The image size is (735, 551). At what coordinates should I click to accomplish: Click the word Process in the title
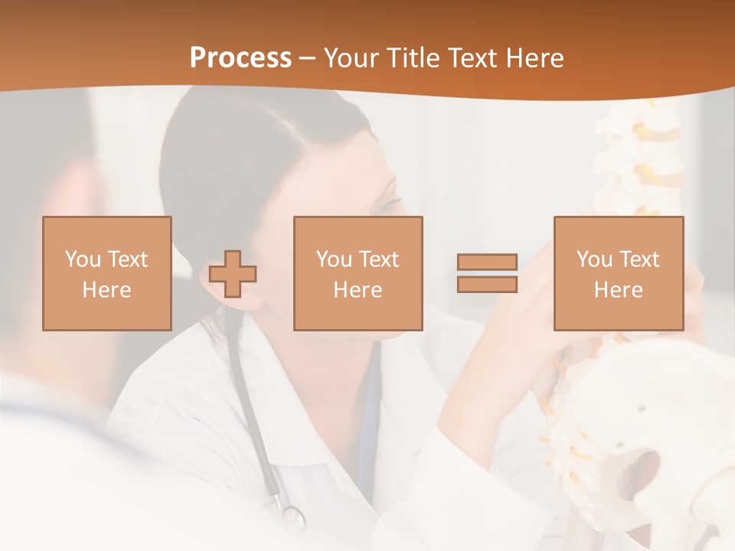coord(240,58)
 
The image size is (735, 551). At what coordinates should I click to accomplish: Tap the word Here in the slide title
coord(534,58)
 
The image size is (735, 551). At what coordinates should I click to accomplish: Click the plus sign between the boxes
coord(233,274)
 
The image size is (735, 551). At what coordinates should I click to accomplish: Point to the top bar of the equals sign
coord(487,262)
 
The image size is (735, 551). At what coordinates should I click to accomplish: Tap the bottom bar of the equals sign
coord(487,285)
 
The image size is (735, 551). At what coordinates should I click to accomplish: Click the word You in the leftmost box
coord(83,259)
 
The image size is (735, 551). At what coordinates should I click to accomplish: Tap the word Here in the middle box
coord(358,290)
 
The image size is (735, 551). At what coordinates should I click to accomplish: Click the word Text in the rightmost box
coord(640,259)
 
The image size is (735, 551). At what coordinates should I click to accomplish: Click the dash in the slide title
coord(308,58)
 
